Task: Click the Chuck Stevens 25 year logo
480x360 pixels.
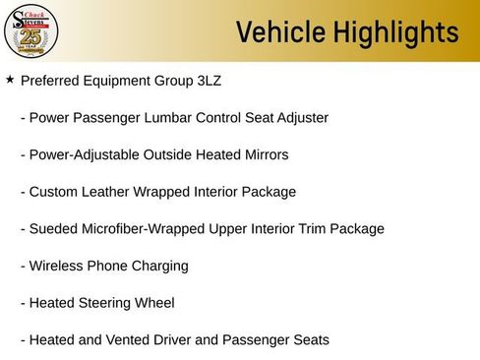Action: (x=31, y=32)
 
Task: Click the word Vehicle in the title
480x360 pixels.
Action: (x=277, y=33)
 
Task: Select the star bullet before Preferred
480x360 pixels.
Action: (x=10, y=79)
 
